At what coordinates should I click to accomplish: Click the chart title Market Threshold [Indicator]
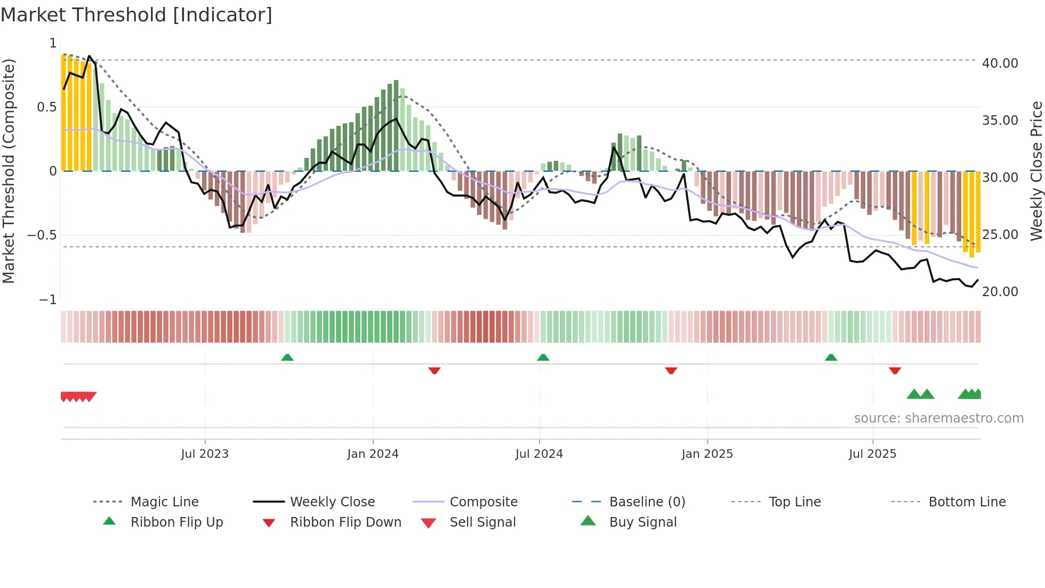click(136, 15)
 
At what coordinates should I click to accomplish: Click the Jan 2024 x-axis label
click(373, 454)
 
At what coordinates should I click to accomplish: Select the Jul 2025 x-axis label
click(872, 454)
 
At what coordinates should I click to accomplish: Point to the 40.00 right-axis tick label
click(1000, 63)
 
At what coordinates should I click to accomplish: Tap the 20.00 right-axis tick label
click(1000, 292)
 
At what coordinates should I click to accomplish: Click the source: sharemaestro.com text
click(938, 418)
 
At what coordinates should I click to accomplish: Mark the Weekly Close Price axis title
click(1036, 171)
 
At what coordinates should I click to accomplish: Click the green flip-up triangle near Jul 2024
click(543, 357)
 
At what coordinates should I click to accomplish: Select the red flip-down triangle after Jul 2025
click(895, 370)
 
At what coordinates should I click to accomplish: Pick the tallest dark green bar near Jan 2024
click(396, 125)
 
